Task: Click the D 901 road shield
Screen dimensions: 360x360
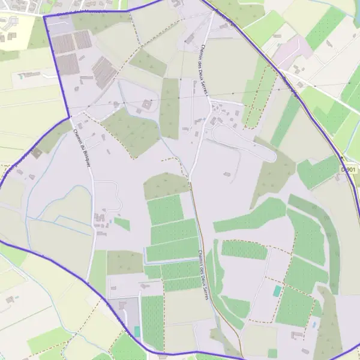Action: [x=347, y=170]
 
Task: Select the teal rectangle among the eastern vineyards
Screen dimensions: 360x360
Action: [x=277, y=291]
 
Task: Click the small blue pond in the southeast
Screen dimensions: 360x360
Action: [x=313, y=325]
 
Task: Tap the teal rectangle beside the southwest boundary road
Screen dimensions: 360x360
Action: [x=137, y=331]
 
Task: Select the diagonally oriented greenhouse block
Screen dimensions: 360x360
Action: [x=104, y=73]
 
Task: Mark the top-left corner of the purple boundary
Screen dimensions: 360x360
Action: [x=44, y=17]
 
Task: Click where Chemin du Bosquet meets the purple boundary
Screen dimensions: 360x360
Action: [x=70, y=117]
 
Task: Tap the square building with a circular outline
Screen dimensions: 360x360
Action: [x=146, y=106]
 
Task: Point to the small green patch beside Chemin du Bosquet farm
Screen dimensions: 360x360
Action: [x=122, y=224]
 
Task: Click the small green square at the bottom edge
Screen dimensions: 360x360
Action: [x=272, y=353]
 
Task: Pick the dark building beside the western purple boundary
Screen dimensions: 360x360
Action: [x=37, y=153]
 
